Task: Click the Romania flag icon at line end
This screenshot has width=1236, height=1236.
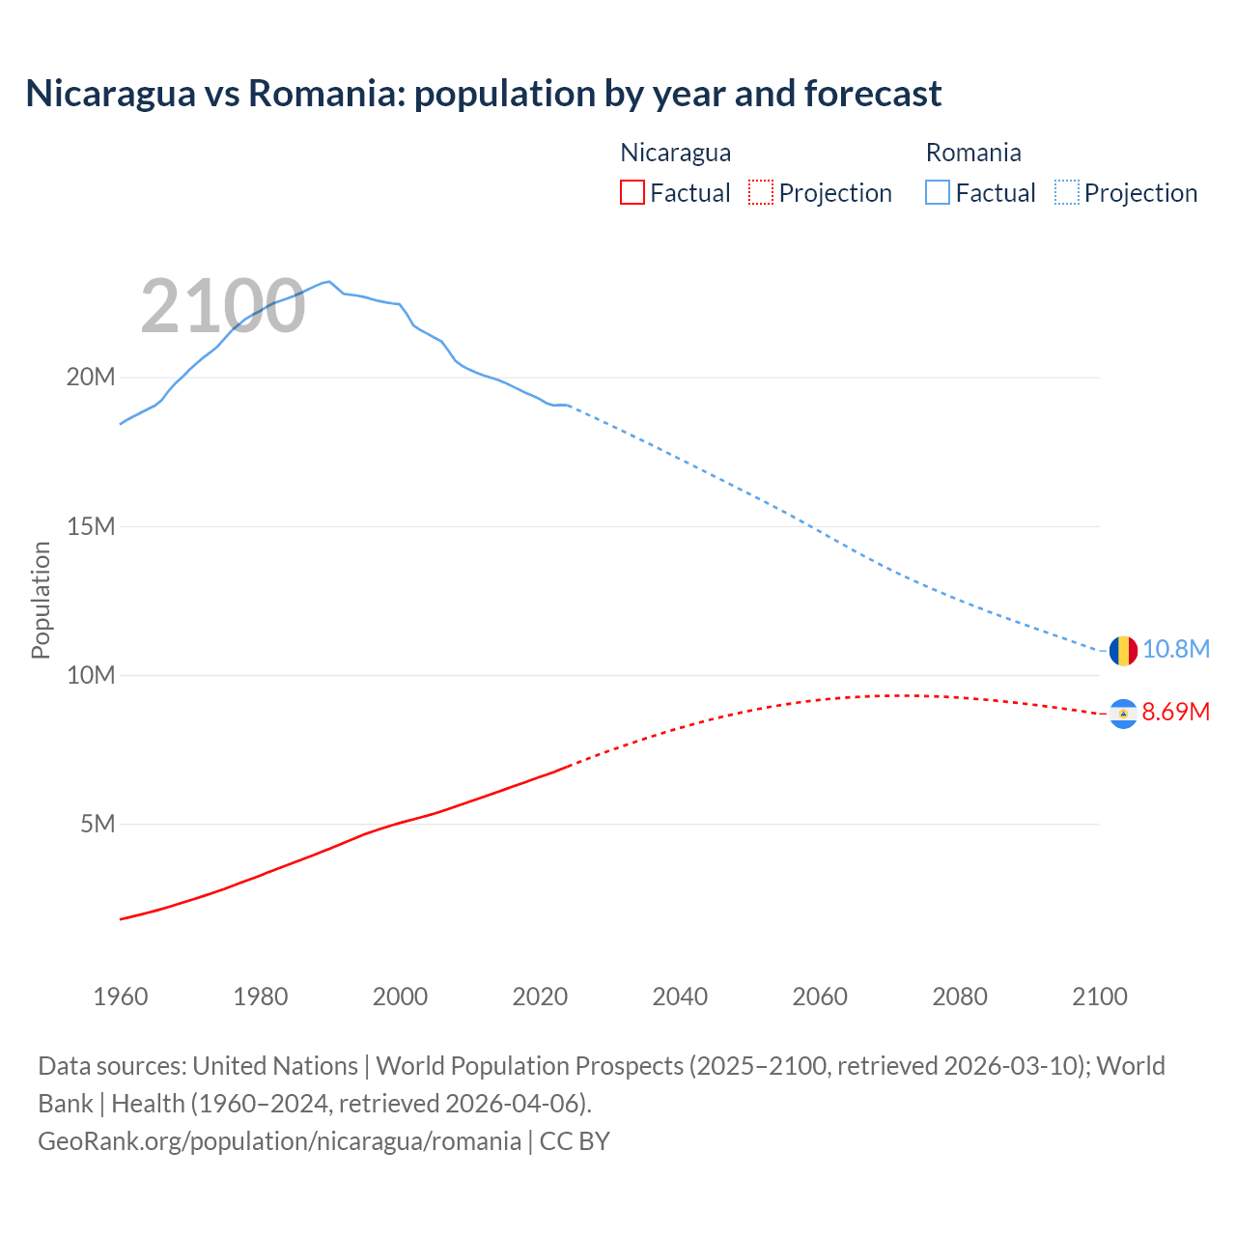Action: tap(1123, 650)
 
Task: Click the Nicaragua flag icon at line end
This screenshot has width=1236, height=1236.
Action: tap(1123, 714)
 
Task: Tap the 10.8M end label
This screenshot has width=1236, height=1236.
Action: tap(1175, 649)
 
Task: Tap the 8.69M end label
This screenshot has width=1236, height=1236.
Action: tap(1175, 713)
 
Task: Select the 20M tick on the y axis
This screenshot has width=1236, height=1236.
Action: tap(90, 377)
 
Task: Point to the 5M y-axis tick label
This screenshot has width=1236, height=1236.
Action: tap(97, 824)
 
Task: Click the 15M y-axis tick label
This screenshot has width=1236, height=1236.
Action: tap(90, 526)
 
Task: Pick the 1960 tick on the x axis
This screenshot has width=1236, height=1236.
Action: tap(121, 997)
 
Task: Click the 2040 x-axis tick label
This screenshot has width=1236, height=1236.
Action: tap(680, 997)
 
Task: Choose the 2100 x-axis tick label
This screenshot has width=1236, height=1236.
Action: tap(1099, 997)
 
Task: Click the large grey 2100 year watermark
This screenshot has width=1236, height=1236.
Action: tap(223, 307)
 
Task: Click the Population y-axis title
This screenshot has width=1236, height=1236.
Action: tap(41, 600)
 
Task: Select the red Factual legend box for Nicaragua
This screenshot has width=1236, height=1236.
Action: tap(632, 192)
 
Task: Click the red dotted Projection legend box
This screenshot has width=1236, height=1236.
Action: tap(761, 192)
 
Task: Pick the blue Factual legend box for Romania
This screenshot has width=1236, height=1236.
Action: tap(938, 192)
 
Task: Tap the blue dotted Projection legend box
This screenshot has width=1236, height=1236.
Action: tap(1066, 192)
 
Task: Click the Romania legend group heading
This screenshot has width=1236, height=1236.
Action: tap(972, 153)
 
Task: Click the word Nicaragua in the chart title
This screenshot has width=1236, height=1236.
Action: tap(110, 94)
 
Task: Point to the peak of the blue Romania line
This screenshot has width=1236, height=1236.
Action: tap(329, 281)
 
